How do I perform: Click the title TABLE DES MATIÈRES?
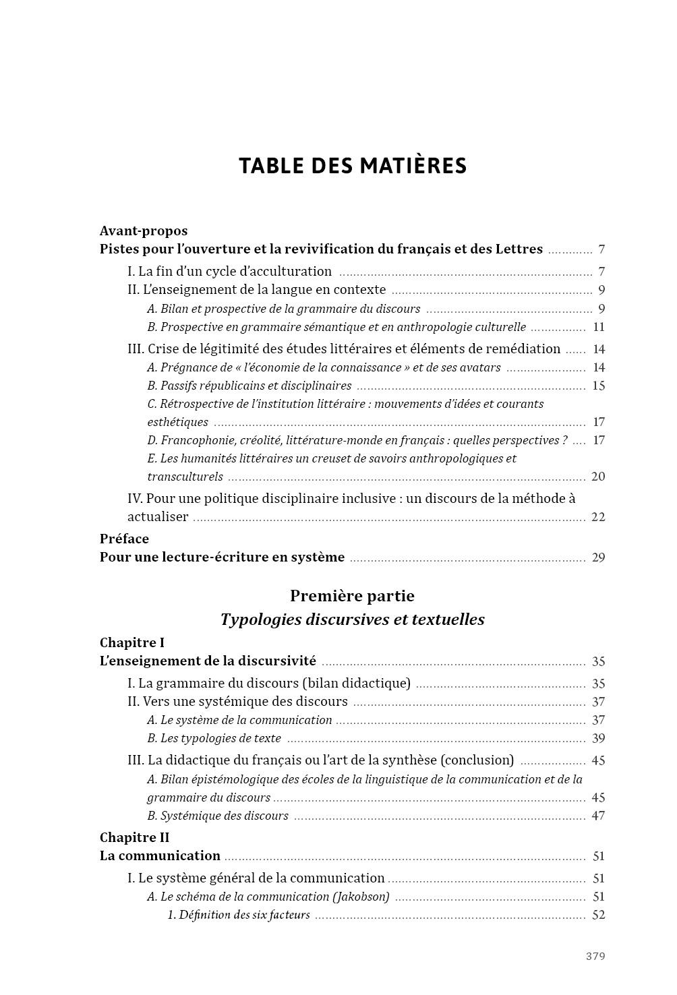[353, 166]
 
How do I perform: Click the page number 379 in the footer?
[595, 956]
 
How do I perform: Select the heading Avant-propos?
[144, 231]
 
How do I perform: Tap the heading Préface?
[124, 539]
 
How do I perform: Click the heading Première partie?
[352, 596]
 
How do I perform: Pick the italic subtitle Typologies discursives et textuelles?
[352, 620]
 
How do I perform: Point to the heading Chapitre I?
[132, 642]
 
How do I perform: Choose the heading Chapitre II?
[134, 837]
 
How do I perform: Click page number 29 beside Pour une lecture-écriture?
[598, 557]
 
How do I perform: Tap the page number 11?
[599, 328]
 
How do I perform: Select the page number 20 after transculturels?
[598, 477]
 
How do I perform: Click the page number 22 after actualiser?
[598, 517]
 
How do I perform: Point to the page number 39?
[598, 738]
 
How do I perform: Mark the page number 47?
[598, 816]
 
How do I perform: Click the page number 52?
[598, 915]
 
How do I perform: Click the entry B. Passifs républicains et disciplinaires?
[249, 386]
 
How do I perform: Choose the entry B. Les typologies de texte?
[214, 738]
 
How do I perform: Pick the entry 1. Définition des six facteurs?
[239, 915]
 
